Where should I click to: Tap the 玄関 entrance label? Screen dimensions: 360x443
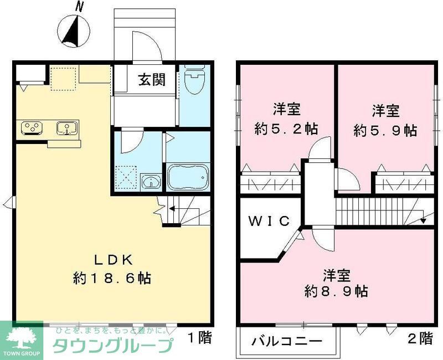tap(151, 80)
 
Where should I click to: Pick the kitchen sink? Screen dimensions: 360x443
tap(67, 128)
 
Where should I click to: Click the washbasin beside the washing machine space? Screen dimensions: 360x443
tap(150, 181)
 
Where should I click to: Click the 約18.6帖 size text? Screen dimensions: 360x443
tap(113, 278)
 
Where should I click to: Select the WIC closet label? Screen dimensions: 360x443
tap(269, 222)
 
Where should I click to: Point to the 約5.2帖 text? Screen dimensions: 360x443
tap(286, 130)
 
